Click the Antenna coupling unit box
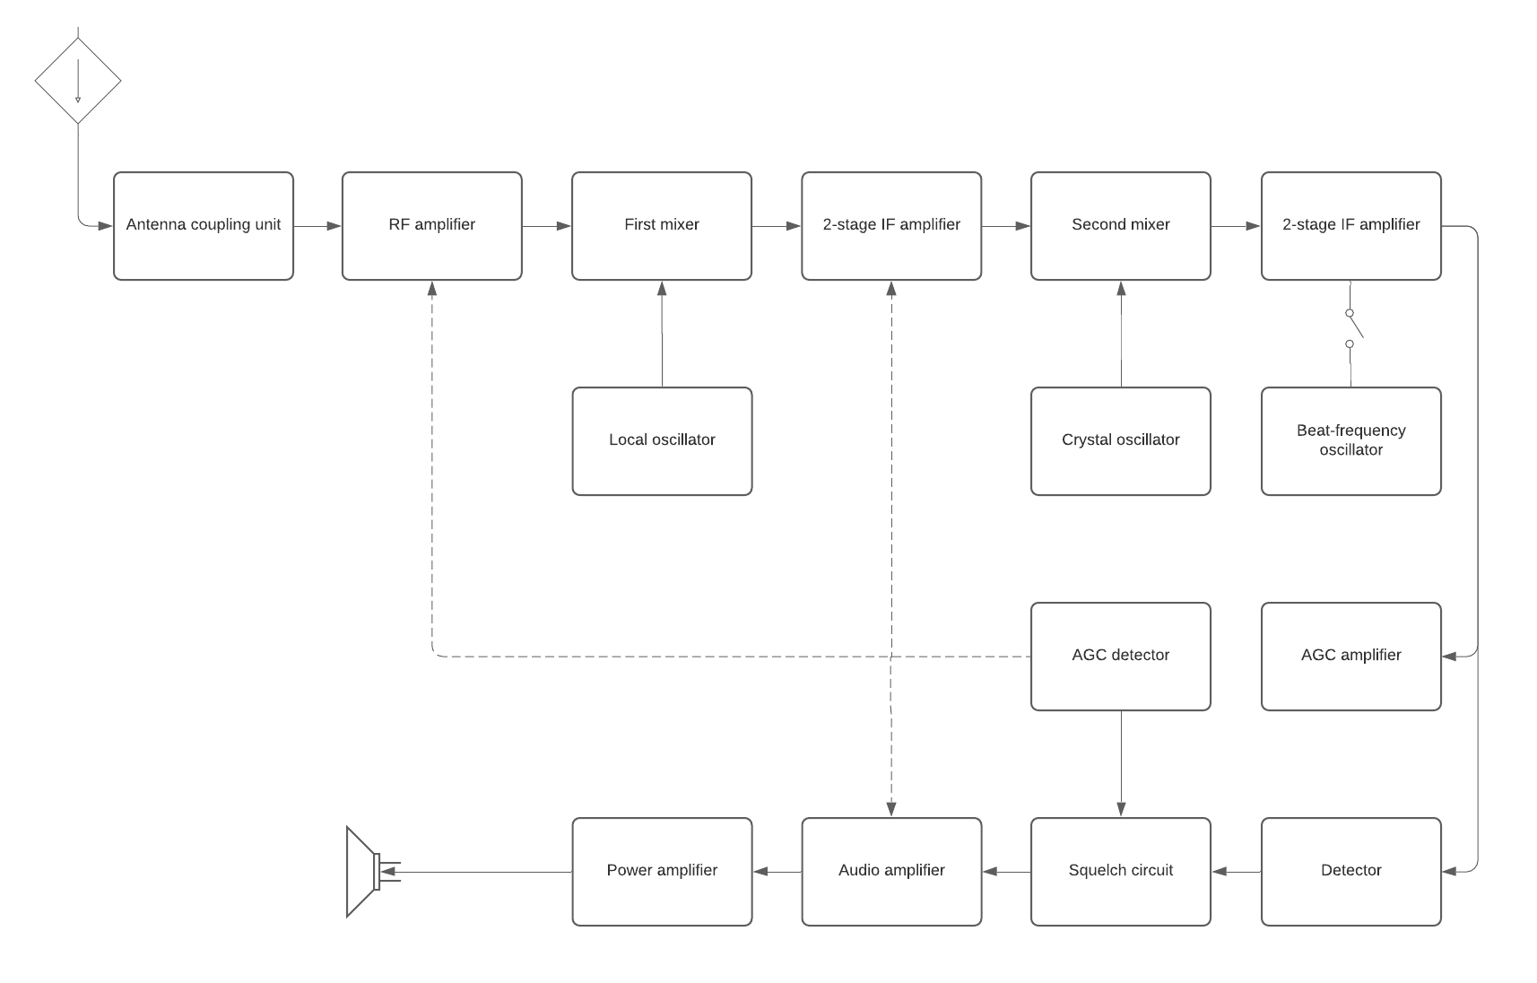(204, 226)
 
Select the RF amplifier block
(431, 226)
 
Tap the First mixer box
(662, 226)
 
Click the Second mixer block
(1120, 226)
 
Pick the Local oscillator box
(662, 441)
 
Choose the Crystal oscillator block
(1120, 441)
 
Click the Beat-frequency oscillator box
(1350, 441)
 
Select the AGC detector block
(1120, 657)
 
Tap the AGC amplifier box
(1350, 657)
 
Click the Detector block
(1350, 872)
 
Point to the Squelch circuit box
(1120, 872)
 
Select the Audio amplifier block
(891, 872)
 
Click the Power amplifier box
(662, 872)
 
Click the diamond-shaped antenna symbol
(78, 81)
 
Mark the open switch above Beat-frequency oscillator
(1352, 328)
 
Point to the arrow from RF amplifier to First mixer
(546, 226)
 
